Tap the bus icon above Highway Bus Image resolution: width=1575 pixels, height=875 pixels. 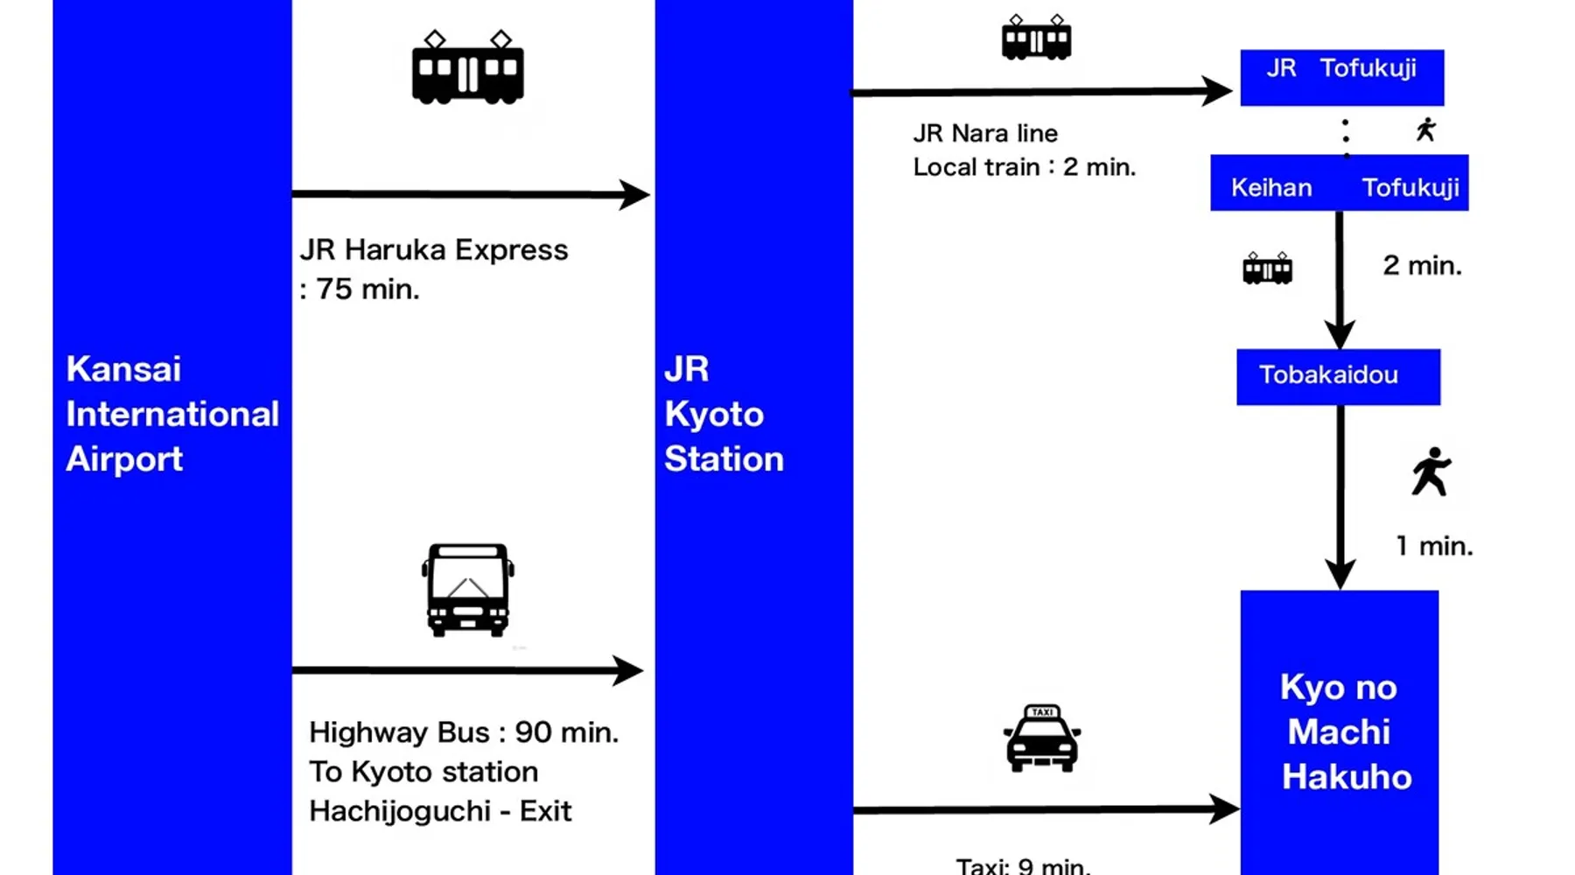coord(468,590)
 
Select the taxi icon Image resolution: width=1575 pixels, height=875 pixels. coord(1041,738)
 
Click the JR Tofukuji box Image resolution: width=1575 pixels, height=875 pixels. coord(1341,77)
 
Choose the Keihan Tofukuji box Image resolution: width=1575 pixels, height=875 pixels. coord(1339,183)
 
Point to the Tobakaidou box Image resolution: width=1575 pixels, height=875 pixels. coord(1338,376)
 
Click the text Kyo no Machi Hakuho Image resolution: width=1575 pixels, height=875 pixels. coord(1342,731)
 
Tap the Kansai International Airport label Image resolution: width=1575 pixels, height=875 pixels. coord(171,414)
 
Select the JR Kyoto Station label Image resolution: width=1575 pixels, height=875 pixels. coord(723,414)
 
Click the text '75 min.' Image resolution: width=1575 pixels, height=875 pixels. coord(367,289)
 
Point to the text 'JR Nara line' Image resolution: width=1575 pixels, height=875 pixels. coord(985,133)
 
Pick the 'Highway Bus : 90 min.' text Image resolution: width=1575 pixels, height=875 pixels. coord(464,732)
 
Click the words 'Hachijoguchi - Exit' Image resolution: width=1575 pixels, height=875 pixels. coord(440,811)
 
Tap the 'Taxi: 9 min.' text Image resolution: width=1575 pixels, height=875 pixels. coord(1023,866)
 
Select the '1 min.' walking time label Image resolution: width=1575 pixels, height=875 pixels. coord(1434,546)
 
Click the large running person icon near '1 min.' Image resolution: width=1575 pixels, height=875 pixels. coord(1431,472)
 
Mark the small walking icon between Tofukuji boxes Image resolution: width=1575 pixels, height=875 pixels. coord(1426,129)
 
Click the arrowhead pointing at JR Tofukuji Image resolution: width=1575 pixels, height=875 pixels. coord(1218,90)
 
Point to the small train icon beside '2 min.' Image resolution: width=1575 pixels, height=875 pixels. coord(1267,268)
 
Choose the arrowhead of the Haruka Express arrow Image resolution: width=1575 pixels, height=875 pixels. coord(634,194)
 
